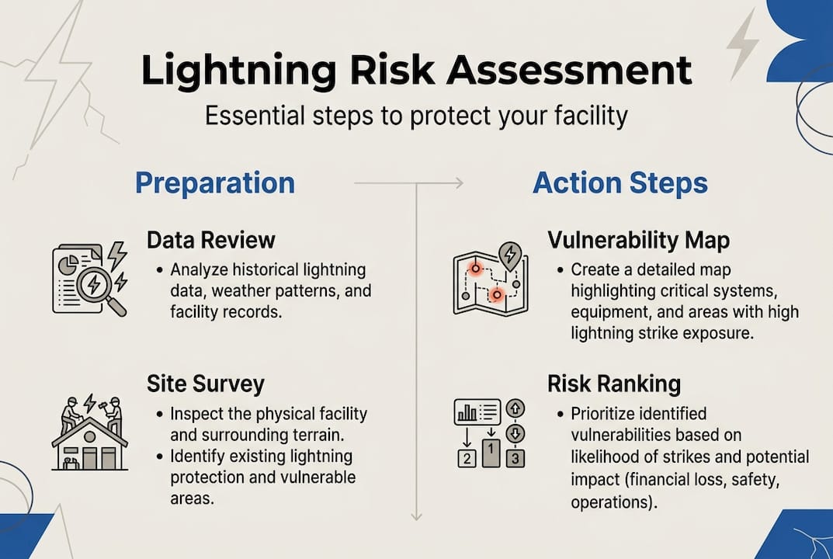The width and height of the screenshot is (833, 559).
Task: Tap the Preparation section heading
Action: pos(215,183)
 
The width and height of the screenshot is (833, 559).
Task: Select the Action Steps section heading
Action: pos(620,183)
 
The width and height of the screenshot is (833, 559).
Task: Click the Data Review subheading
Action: pos(211,240)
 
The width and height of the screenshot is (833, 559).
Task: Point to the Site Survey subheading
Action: pos(206,384)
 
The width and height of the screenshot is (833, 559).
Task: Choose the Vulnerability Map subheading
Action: pos(638,240)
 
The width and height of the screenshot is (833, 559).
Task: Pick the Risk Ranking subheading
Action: pos(614,384)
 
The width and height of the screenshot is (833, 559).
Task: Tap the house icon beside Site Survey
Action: pos(89,446)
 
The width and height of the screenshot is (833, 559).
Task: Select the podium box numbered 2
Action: pos(466,458)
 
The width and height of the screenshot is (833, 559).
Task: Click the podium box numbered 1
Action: pos(491,451)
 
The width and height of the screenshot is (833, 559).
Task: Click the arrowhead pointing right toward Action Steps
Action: pos(458,183)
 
